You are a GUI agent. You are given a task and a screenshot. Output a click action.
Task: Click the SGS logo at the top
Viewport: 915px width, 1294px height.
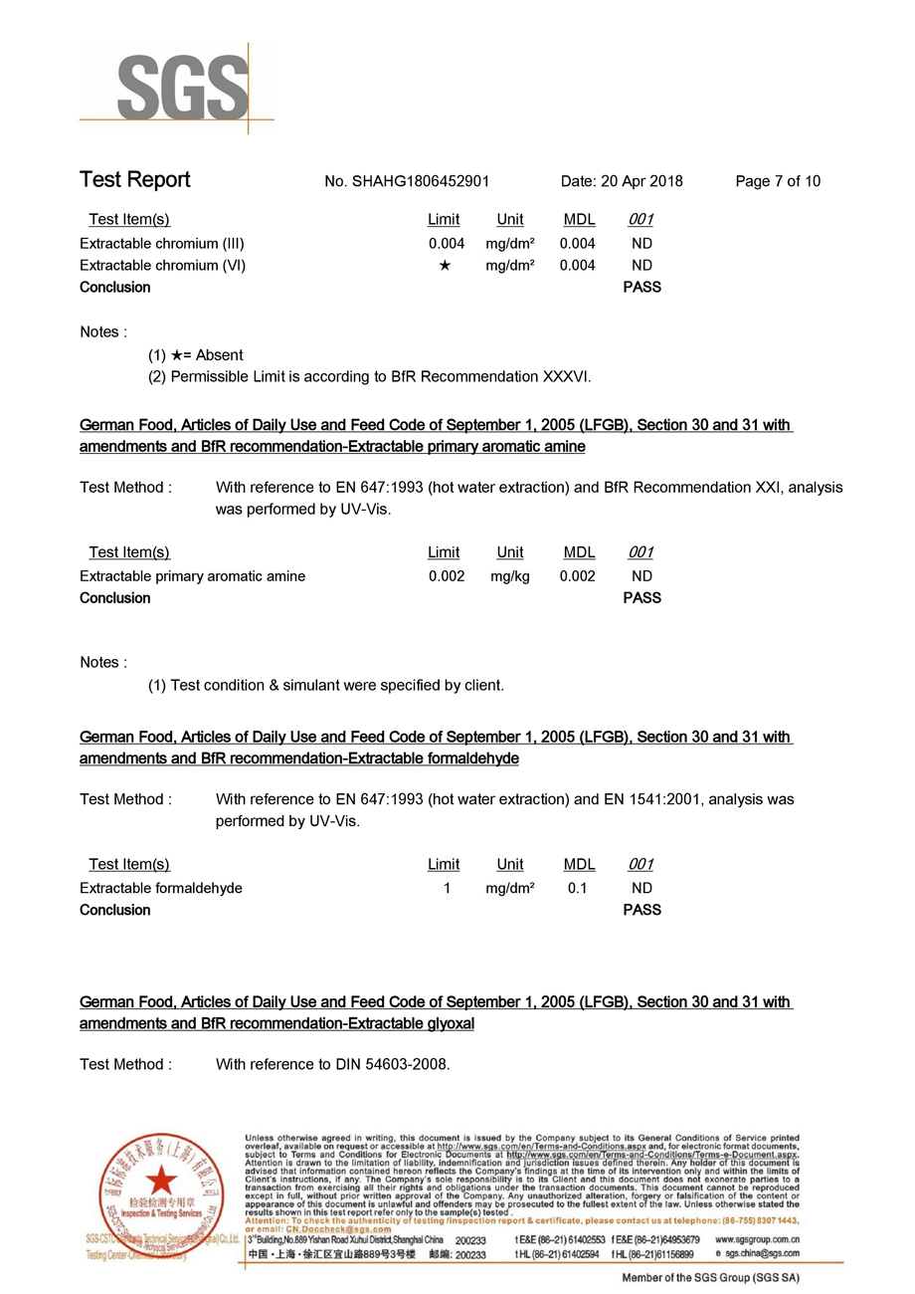182,88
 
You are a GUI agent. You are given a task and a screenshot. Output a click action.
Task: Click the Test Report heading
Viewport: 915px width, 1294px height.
134,180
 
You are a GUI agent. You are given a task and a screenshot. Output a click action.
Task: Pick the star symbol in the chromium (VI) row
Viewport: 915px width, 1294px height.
445,266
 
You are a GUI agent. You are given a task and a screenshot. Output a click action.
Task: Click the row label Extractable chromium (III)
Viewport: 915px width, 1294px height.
162,243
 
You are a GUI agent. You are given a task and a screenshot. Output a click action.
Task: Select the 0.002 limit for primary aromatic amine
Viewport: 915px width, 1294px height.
447,576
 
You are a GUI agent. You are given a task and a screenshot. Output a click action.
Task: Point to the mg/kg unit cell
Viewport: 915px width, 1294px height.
509,576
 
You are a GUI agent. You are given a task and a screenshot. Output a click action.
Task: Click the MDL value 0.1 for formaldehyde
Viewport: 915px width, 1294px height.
577,888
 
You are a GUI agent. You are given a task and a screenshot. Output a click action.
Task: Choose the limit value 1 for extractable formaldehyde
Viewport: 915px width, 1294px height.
447,888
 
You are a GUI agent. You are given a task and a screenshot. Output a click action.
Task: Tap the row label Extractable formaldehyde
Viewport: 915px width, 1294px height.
161,888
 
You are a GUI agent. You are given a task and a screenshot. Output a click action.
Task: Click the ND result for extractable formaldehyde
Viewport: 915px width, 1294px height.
641,888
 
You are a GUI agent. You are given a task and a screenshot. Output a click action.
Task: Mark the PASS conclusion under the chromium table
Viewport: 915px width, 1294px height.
641,288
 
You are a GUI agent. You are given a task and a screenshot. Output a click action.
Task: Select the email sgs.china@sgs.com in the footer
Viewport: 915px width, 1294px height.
764,1255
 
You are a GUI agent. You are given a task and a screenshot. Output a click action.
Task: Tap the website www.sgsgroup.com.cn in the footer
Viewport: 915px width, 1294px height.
758,1240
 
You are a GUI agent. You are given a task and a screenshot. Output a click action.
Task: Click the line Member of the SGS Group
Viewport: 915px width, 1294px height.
710,1277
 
